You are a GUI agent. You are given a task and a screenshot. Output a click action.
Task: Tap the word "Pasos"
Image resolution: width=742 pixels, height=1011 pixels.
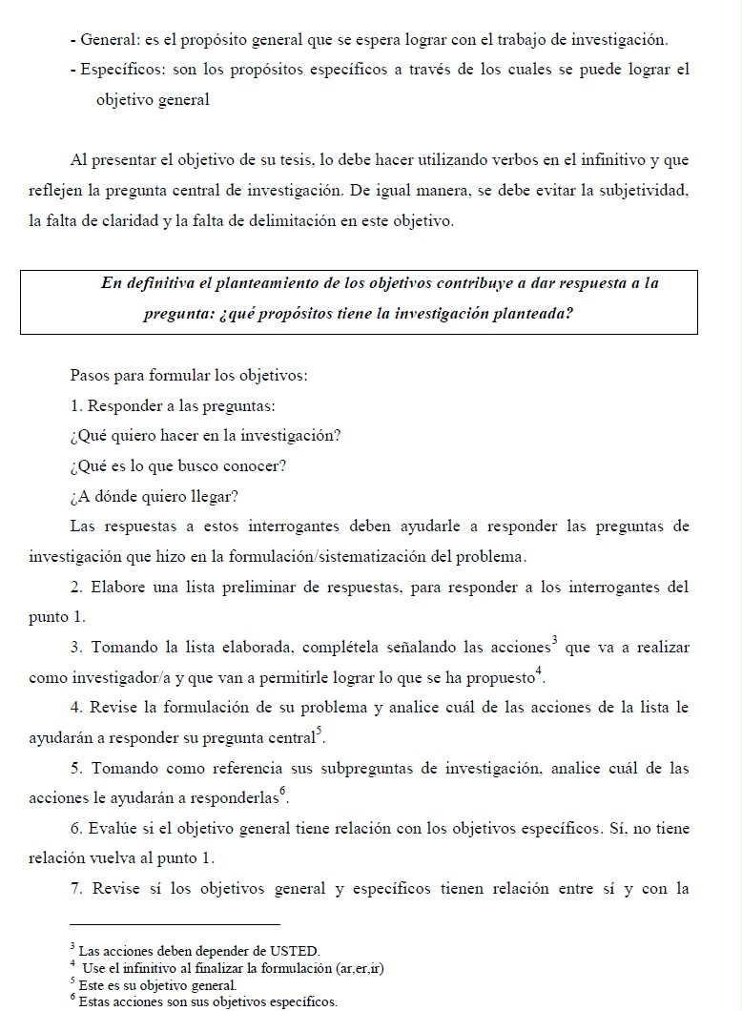[91, 376]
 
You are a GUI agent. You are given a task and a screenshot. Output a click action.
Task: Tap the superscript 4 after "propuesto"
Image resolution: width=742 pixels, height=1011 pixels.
[539, 671]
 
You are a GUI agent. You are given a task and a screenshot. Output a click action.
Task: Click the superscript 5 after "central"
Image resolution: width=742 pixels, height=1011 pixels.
[318, 732]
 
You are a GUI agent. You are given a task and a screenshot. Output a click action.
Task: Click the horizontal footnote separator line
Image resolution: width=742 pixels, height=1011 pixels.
[175, 924]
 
